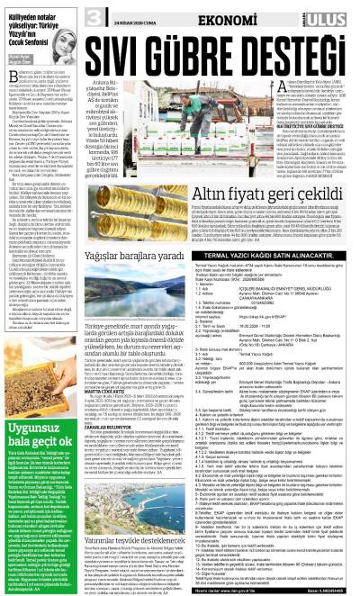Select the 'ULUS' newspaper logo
click(x=332, y=15)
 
